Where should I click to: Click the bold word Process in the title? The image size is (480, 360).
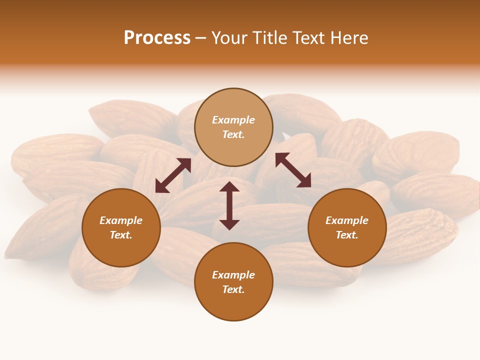[157, 38]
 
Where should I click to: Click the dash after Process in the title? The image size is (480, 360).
[201, 38]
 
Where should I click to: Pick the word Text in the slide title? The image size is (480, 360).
[309, 38]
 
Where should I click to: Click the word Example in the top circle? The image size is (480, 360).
[233, 120]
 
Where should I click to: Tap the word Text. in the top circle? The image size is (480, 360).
[233, 134]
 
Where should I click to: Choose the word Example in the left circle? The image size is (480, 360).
[121, 220]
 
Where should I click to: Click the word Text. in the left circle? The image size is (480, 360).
[121, 235]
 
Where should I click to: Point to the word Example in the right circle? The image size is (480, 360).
[347, 220]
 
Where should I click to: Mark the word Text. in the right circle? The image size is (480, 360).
[347, 235]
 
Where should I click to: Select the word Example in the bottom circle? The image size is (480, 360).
[233, 275]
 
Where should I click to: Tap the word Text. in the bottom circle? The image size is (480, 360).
[233, 289]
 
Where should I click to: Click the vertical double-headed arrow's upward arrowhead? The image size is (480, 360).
[229, 186]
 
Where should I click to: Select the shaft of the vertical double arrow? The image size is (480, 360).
[229, 205]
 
